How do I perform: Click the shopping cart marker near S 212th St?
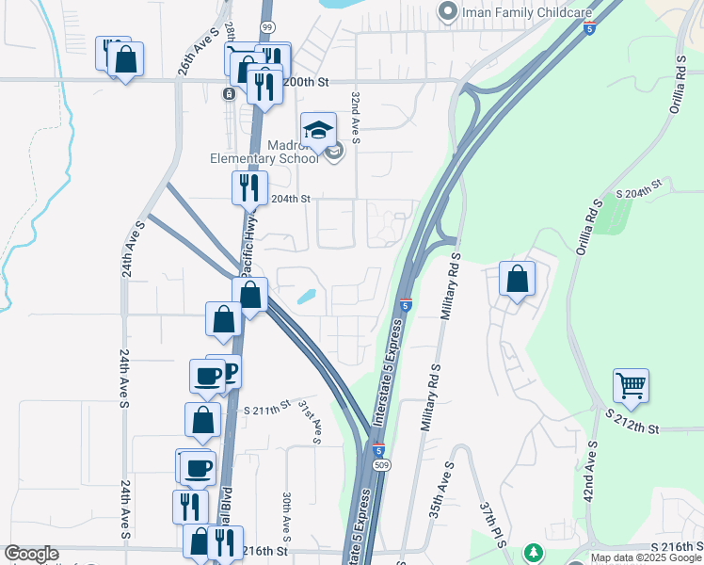point(631,384)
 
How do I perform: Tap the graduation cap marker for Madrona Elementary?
point(318,130)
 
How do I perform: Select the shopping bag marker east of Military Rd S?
point(517,279)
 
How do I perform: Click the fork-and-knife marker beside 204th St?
point(249,186)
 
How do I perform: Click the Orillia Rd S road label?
point(676,82)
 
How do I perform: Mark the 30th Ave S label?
point(289,512)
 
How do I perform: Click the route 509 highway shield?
point(376,465)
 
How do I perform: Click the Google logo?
point(32,554)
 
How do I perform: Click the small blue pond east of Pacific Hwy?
point(307,297)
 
